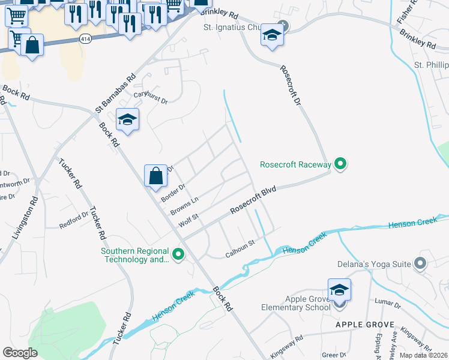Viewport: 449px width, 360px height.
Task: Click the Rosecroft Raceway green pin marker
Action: (340, 163)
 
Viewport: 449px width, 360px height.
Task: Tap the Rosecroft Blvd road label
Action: (253, 202)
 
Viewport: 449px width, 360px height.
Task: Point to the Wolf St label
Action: (188, 220)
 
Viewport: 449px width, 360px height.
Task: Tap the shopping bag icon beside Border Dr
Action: (155, 176)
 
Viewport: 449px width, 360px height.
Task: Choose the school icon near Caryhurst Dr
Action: (127, 120)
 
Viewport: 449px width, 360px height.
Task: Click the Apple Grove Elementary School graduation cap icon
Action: (339, 290)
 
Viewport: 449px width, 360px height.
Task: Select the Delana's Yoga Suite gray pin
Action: (420, 263)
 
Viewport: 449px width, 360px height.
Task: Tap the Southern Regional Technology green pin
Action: (178, 255)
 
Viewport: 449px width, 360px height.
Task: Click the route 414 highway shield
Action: (85, 38)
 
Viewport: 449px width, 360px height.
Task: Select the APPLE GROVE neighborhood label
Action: (365, 325)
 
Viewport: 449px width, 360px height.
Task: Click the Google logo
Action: (20, 352)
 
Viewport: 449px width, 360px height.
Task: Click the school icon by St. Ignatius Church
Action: (272, 36)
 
